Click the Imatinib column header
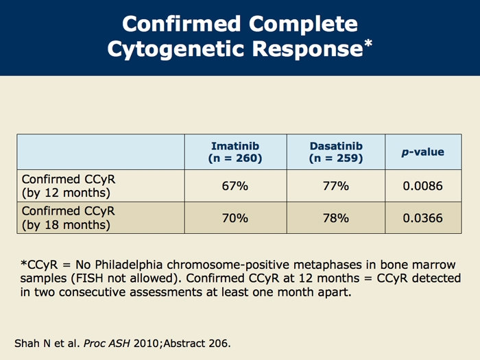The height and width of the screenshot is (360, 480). (235, 152)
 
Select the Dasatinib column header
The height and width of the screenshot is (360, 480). (336, 152)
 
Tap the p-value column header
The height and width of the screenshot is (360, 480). (423, 152)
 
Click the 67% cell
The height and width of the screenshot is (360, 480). (235, 186)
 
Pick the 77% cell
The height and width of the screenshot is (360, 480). (336, 186)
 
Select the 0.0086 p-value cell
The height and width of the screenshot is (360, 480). (423, 186)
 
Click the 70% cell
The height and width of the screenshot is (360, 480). (235, 218)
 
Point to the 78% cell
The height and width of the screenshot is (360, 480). (336, 218)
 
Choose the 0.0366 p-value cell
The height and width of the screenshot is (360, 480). (423, 218)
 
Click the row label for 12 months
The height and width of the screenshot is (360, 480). (69, 186)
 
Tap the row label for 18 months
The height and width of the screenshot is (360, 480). (69, 218)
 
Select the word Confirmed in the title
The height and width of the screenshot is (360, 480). (181, 23)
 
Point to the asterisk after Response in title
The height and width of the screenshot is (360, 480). (368, 43)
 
